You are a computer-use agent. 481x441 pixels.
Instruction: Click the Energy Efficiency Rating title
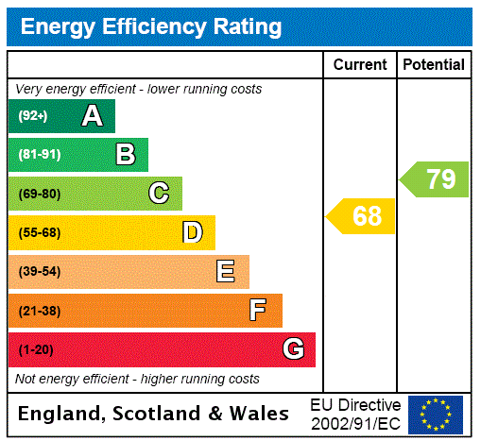click(x=151, y=27)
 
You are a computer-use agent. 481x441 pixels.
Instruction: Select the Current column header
click(x=360, y=65)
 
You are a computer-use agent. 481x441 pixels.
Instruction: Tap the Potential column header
click(x=434, y=65)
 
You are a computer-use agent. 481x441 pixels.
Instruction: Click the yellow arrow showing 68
click(x=362, y=216)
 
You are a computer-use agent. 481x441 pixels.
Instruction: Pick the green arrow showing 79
click(x=435, y=178)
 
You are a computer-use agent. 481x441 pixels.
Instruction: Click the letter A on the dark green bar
click(x=92, y=116)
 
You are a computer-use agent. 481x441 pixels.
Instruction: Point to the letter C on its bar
click(x=159, y=194)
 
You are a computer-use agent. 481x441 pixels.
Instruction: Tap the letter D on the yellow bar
click(x=192, y=232)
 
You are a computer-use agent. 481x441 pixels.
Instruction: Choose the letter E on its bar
click(x=226, y=272)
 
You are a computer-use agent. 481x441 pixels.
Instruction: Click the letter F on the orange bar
click(x=258, y=310)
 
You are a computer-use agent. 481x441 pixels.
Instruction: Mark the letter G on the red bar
click(x=293, y=349)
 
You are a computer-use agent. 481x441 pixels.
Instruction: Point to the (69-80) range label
click(x=39, y=195)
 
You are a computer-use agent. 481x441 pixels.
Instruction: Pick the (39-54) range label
click(x=39, y=272)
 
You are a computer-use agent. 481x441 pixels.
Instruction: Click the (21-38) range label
click(x=39, y=311)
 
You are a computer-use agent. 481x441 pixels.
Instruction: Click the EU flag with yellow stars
click(x=436, y=415)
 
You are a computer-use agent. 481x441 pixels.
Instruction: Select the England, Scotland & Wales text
click(x=154, y=414)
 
